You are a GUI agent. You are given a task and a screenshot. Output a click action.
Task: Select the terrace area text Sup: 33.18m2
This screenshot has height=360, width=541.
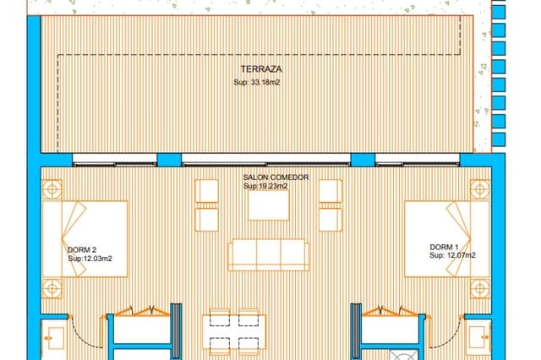[x=260, y=83]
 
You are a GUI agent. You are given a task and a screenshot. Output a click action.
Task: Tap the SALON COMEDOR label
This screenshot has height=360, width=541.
[x=276, y=177]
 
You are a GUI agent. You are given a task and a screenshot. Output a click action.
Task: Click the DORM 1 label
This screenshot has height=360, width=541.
[x=445, y=247]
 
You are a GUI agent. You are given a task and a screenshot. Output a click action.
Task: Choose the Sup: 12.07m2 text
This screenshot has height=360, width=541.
[x=452, y=255]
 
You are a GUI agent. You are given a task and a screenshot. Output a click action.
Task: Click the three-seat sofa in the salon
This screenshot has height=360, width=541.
[x=269, y=254]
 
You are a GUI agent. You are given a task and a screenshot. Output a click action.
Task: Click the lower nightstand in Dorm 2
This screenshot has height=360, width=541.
[x=52, y=289]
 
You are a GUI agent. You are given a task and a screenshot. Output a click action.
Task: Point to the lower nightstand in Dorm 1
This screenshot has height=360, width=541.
[x=479, y=289]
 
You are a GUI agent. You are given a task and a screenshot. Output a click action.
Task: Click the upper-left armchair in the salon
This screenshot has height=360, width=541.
[x=207, y=191]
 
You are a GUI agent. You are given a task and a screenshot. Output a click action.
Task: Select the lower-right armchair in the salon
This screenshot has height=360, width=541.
[x=331, y=220]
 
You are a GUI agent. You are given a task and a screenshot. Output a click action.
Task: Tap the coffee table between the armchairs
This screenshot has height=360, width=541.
[x=269, y=205]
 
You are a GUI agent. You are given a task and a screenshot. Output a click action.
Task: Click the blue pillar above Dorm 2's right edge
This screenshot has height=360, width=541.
[x=169, y=160]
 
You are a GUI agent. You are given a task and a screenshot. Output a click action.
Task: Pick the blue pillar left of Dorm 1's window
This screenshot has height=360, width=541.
[x=363, y=160]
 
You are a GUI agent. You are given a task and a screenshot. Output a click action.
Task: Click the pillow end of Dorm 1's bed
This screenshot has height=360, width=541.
[x=469, y=238]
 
